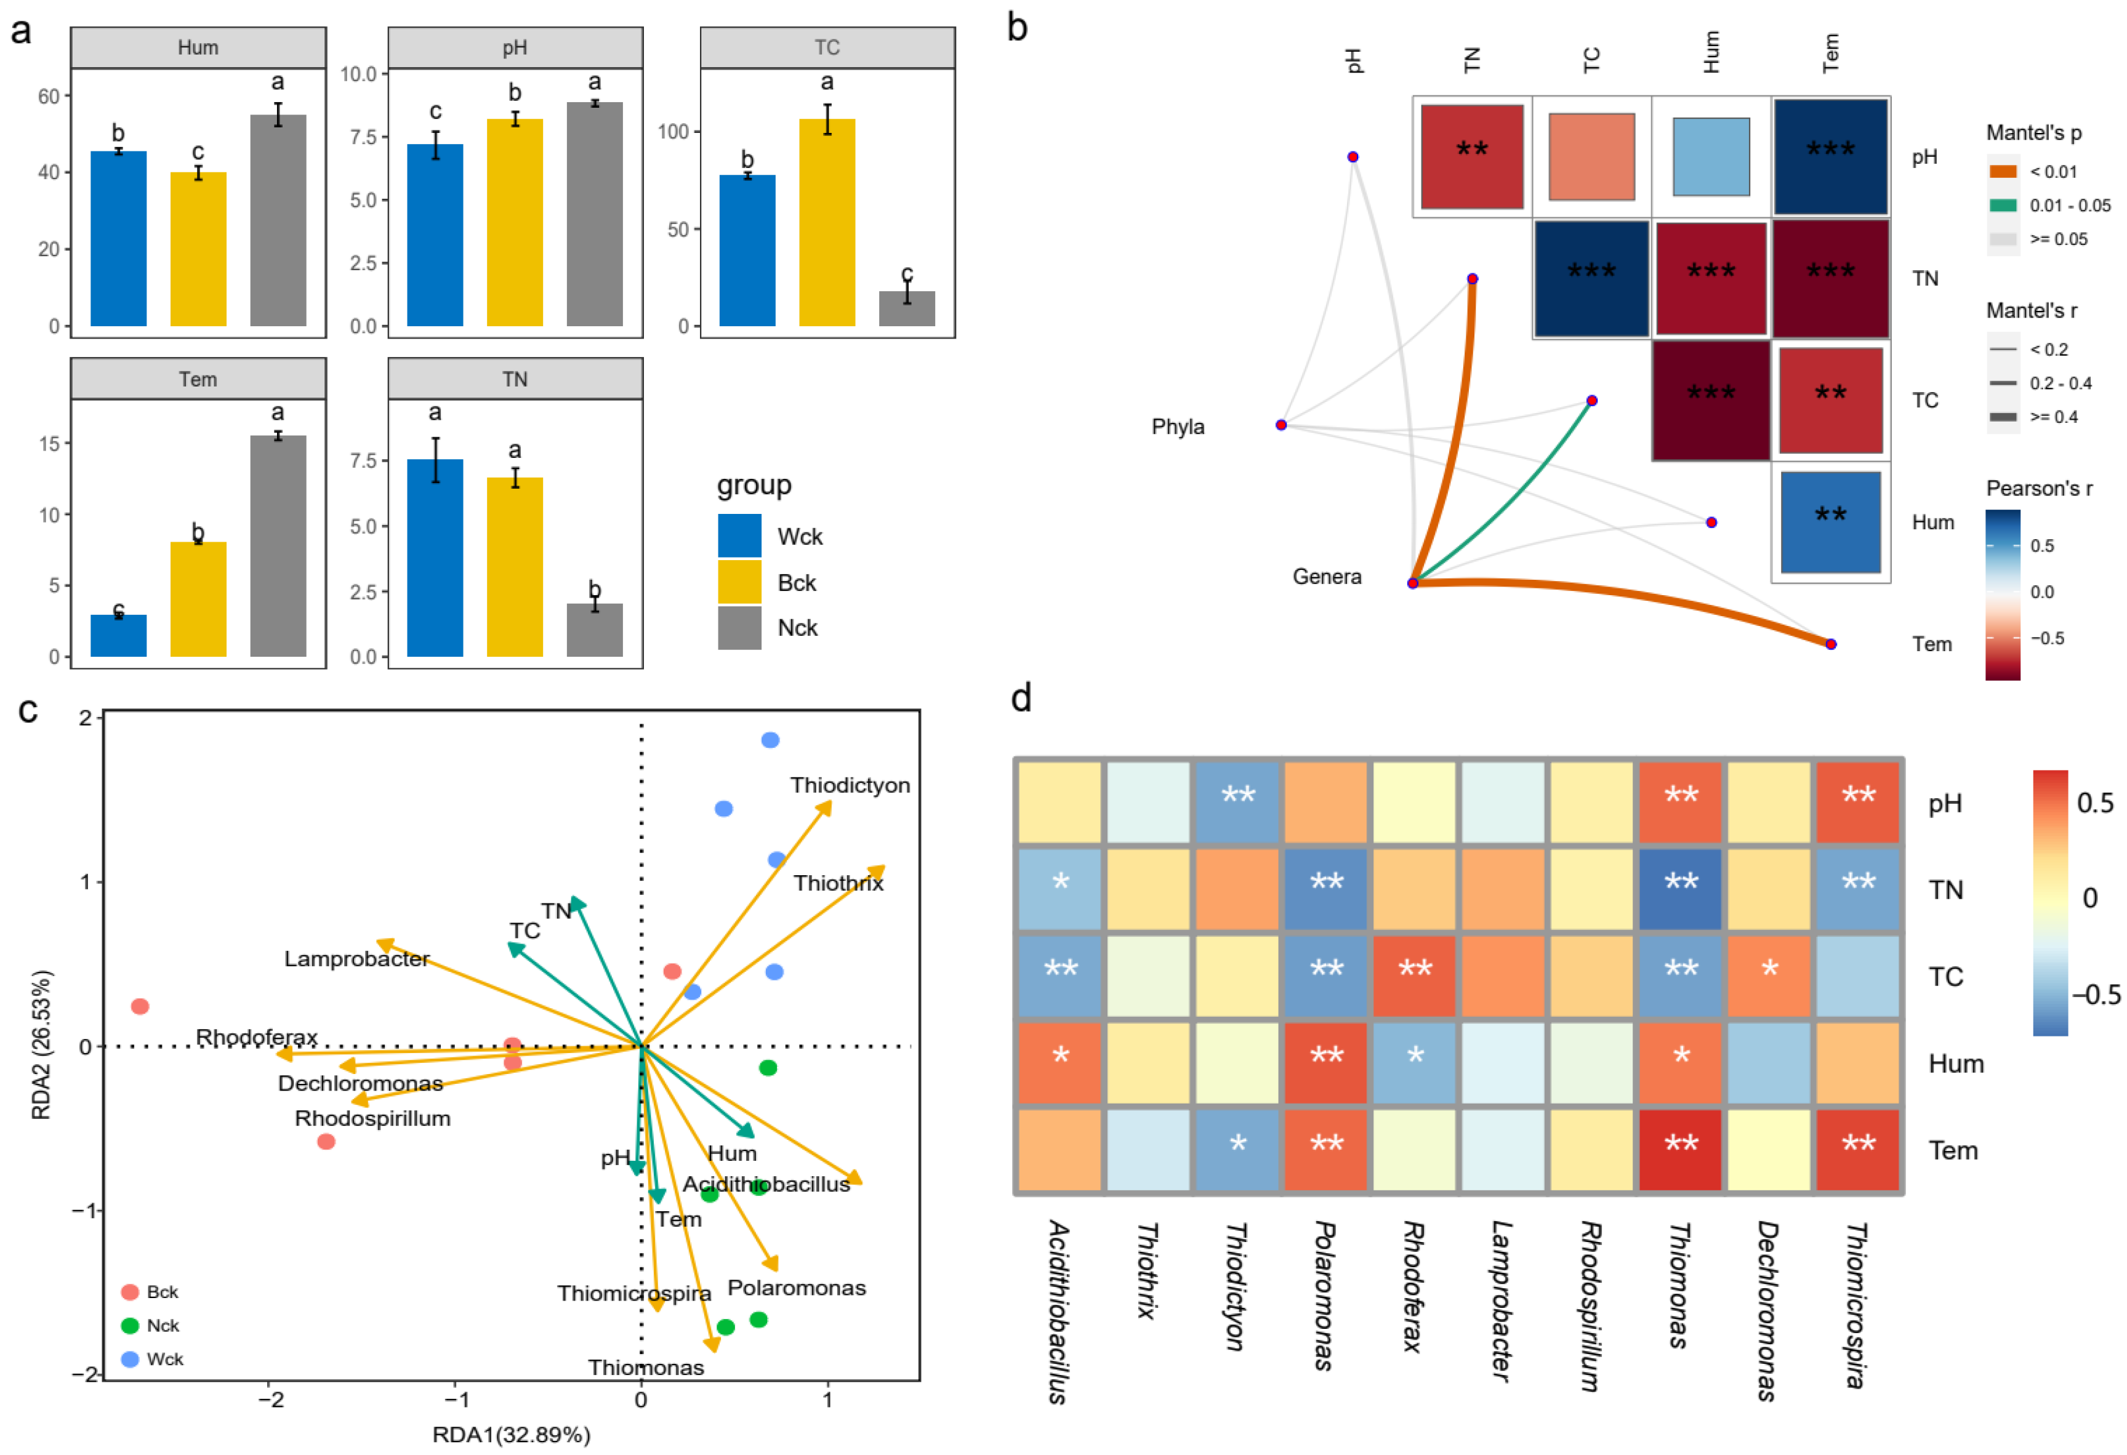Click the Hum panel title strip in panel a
pyautogui.click(x=198, y=47)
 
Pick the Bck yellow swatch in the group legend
pyautogui.click(x=739, y=582)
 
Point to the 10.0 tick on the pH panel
pyautogui.click(x=359, y=74)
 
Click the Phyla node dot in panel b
pyautogui.click(x=1281, y=425)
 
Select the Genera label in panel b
pyautogui.click(x=1326, y=577)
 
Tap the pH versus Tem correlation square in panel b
pyautogui.click(x=1830, y=156)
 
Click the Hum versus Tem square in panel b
pyautogui.click(x=1830, y=521)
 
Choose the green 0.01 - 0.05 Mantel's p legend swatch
pyautogui.click(x=2003, y=205)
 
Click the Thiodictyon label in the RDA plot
pyautogui.click(x=850, y=785)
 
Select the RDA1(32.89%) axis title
pyautogui.click(x=511, y=1434)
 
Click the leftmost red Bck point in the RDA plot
pyautogui.click(x=140, y=1006)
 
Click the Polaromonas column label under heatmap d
pyautogui.click(x=1324, y=1295)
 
